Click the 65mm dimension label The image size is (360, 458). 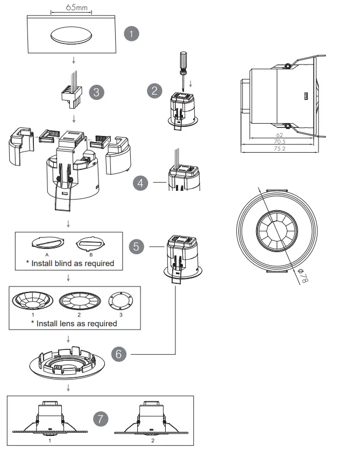pyautogui.click(x=70, y=8)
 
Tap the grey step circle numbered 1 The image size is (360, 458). pyautogui.click(x=131, y=33)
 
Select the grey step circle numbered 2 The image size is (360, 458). pyautogui.click(x=154, y=90)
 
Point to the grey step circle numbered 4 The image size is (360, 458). pyautogui.click(x=140, y=183)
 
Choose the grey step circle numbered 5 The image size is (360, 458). pyautogui.click(x=137, y=246)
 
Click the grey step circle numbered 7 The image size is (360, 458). pyautogui.click(x=100, y=418)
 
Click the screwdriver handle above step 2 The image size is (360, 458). pyautogui.click(x=183, y=61)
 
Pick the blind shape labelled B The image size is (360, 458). pyautogui.click(x=90, y=244)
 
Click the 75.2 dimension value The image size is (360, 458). pyautogui.click(x=279, y=148)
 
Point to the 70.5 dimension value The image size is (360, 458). pyautogui.click(x=279, y=142)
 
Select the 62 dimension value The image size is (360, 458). pyautogui.click(x=279, y=135)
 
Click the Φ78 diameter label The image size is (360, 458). pyautogui.click(x=304, y=278)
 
